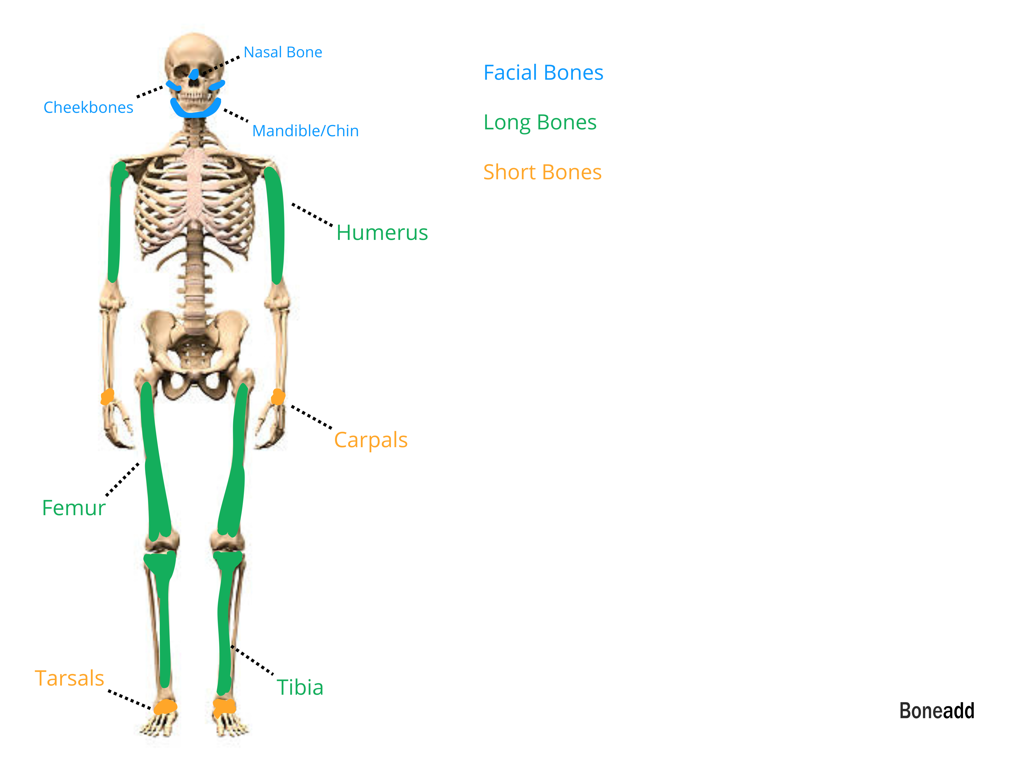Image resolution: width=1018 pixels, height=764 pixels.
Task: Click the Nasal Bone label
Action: point(282,52)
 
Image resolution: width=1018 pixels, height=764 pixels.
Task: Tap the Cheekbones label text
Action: point(88,107)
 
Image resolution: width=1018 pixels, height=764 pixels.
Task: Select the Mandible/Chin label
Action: point(305,131)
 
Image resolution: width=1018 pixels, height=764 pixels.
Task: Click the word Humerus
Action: point(382,233)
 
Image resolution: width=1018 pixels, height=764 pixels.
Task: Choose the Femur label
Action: point(74,508)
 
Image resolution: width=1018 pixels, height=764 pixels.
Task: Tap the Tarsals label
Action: point(69,678)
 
